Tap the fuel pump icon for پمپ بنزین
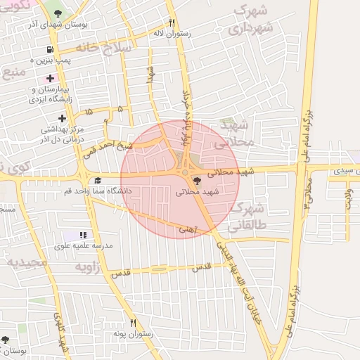49,50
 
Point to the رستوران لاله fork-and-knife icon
172,22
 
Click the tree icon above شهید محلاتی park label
195,181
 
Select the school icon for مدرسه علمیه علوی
84,236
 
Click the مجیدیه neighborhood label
26,262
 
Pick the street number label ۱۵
89,112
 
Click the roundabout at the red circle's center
185,172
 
